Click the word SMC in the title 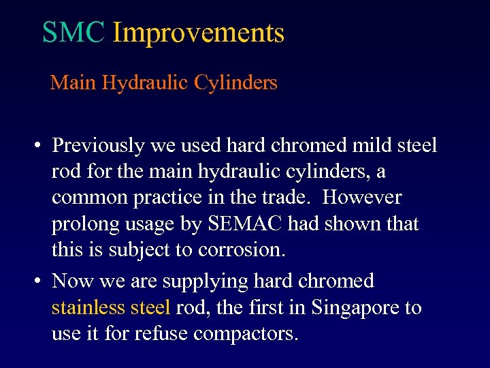(x=73, y=33)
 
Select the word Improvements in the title (x=198, y=33)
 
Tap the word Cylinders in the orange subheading (x=235, y=83)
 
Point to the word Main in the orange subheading (x=73, y=83)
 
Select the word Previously (x=98, y=146)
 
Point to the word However (x=362, y=198)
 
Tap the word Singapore (x=357, y=308)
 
